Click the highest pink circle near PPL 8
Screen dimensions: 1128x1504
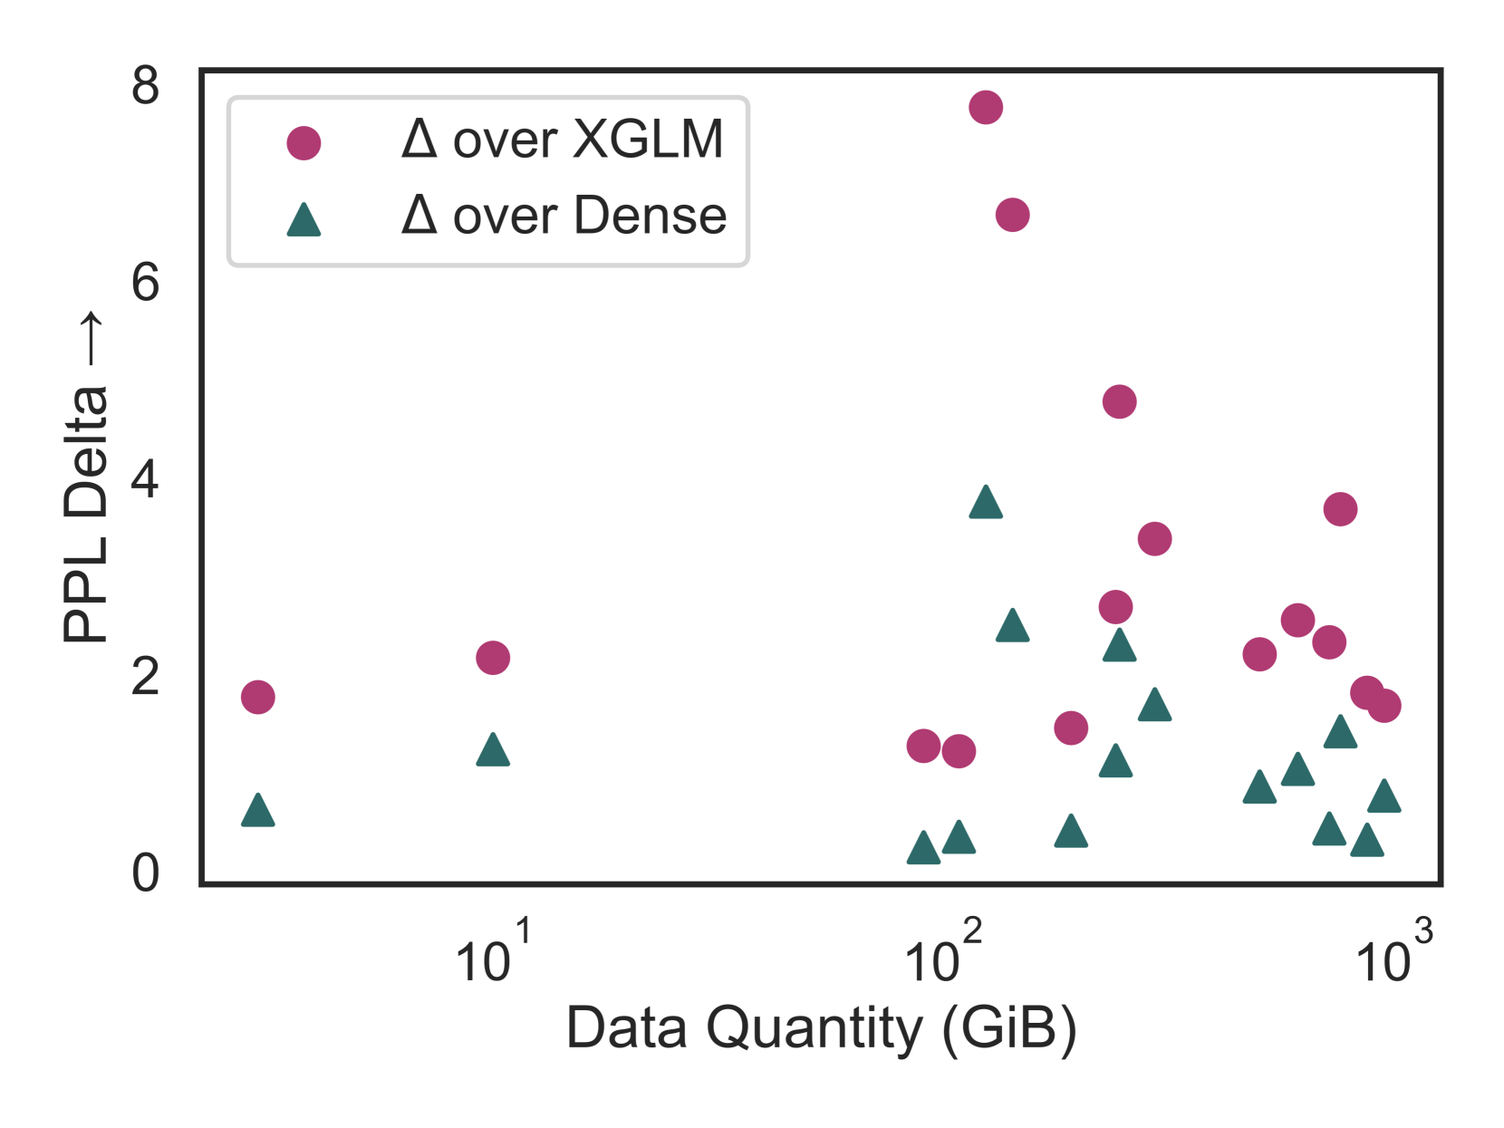coord(985,107)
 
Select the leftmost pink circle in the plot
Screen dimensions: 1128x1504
coord(258,697)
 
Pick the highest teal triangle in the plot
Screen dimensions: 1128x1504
coord(985,503)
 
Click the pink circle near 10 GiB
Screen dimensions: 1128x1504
coord(492,657)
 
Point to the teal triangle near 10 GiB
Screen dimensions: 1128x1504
coord(492,751)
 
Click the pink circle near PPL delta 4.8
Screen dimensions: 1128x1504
coord(1119,401)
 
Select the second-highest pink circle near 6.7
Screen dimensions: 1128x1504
coord(1012,215)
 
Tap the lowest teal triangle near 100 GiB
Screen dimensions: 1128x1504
coord(923,849)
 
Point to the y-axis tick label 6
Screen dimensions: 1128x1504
coord(145,283)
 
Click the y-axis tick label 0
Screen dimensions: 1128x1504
coord(145,873)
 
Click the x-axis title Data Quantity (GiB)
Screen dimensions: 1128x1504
coord(821,1028)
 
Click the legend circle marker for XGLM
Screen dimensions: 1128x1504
coord(304,143)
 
